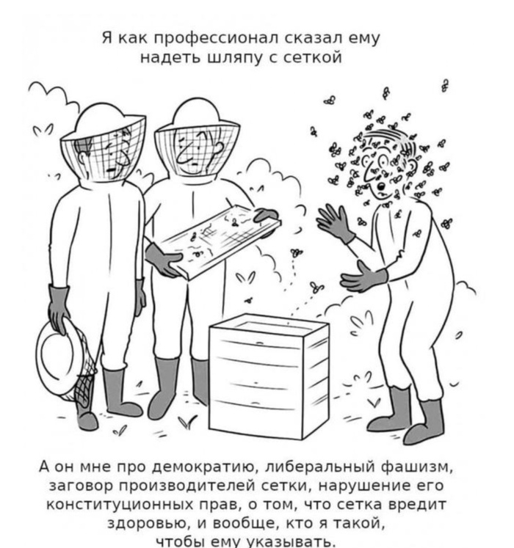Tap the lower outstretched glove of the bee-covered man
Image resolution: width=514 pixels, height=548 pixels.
click(x=363, y=277)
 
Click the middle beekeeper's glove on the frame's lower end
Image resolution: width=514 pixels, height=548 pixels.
click(x=163, y=260)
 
